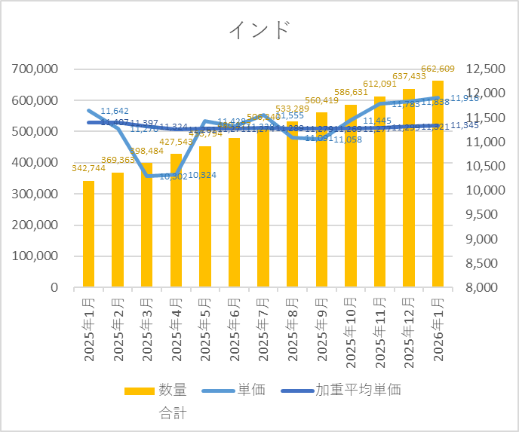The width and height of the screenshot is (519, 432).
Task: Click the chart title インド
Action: point(259,30)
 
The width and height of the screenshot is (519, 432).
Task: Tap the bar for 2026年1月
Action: point(438,184)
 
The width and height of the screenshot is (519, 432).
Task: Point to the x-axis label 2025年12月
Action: point(409,331)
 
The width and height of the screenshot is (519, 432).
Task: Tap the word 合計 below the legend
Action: point(173,412)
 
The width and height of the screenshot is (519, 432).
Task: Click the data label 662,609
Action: point(438,69)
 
